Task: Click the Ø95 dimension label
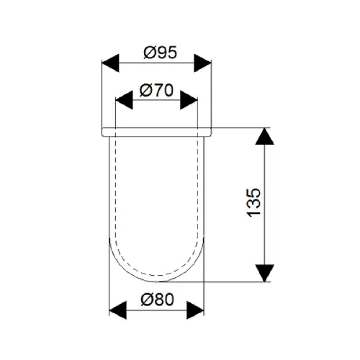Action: click(160, 53)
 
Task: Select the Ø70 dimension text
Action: click(156, 90)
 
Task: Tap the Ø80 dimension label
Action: click(157, 300)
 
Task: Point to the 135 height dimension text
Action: click(253, 203)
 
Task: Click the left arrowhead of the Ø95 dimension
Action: click(110, 63)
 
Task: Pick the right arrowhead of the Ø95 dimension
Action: click(202, 63)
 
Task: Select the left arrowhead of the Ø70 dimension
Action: click(124, 100)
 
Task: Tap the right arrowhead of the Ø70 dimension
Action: click(189, 100)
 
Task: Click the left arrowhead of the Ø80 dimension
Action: click(118, 310)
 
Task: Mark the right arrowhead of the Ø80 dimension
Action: click(195, 310)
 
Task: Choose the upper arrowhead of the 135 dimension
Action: click(264, 136)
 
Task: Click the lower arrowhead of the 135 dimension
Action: click(264, 273)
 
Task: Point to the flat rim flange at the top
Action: click(157, 132)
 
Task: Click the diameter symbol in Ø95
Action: click(150, 53)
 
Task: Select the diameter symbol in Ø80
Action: click(147, 300)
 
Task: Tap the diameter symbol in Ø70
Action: click(145, 91)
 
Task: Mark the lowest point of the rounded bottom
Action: click(156, 282)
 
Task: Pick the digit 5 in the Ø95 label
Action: click(172, 53)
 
